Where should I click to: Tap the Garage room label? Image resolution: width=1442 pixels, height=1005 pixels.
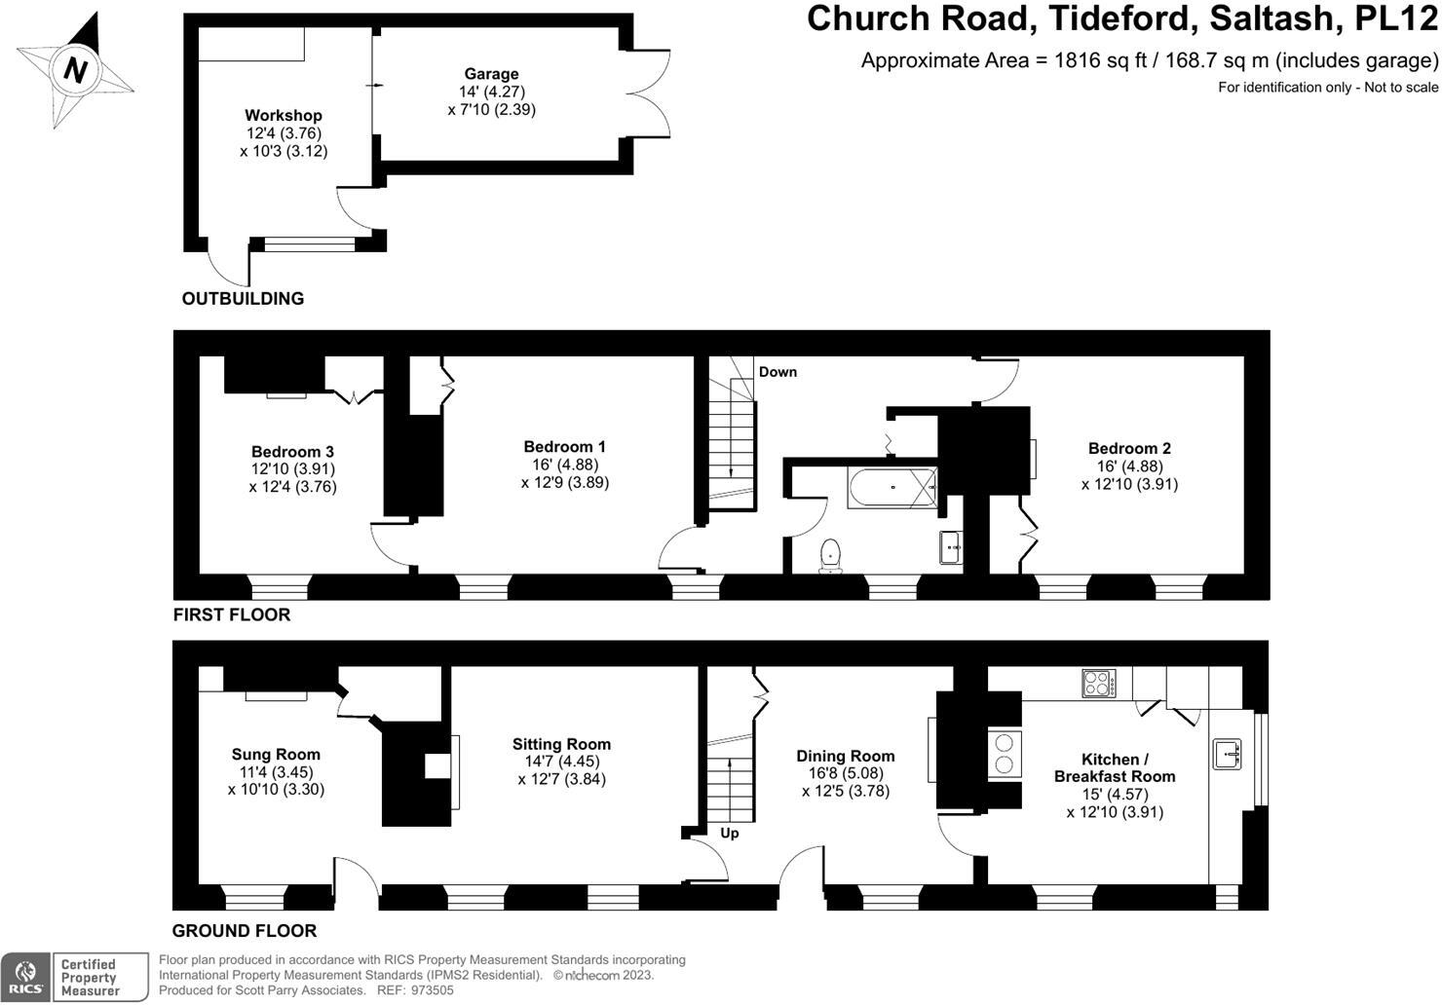pyautogui.click(x=491, y=74)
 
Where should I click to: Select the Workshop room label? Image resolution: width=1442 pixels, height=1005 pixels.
pyautogui.click(x=283, y=116)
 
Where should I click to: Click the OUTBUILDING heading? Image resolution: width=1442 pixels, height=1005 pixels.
pyautogui.click(x=243, y=299)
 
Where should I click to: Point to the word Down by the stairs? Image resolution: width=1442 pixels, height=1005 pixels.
pyautogui.click(x=778, y=372)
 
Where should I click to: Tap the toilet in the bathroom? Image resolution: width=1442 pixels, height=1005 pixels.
pyautogui.click(x=830, y=555)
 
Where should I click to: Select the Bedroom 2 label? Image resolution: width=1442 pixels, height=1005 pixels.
pyautogui.click(x=1129, y=449)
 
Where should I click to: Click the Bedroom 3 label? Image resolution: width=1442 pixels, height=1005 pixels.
pyautogui.click(x=292, y=452)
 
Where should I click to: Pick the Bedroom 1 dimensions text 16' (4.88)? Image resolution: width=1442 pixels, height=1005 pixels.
pyautogui.click(x=564, y=465)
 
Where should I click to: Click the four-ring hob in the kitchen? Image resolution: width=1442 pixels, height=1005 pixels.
pyautogui.click(x=1099, y=683)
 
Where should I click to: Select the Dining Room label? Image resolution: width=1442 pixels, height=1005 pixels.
pyautogui.click(x=845, y=757)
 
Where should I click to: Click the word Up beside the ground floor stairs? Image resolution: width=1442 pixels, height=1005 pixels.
pyautogui.click(x=730, y=834)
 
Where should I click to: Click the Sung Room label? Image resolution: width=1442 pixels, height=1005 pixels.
pyautogui.click(x=276, y=755)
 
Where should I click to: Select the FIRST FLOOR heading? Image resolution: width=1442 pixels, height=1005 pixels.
pyautogui.click(x=232, y=615)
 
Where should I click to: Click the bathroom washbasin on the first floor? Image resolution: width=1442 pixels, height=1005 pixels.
pyautogui.click(x=951, y=548)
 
